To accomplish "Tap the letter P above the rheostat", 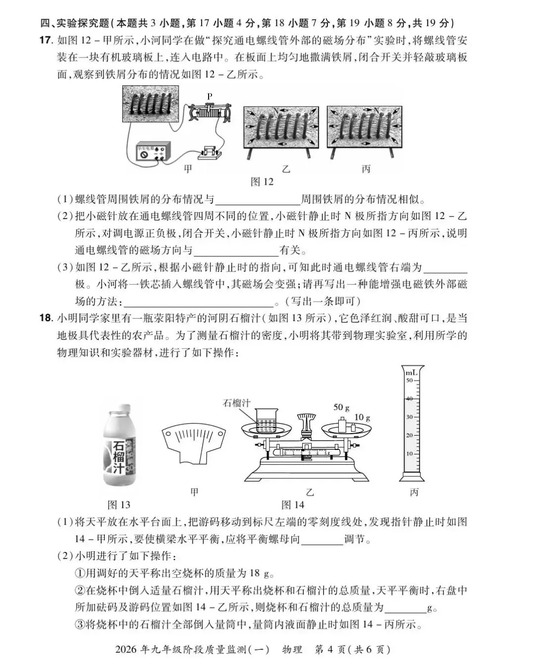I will pos(210,96).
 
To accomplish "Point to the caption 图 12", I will pos(262,182).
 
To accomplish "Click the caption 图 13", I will pos(119,505).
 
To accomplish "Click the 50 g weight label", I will pos(341,407).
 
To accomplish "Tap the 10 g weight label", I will pos(362,418).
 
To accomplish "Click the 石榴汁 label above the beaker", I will pos(236,403).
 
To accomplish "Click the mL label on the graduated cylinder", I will pos(412,372).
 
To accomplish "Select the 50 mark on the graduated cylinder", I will pos(409,381).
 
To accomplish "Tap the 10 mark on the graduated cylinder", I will pos(409,454).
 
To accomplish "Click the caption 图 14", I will pos(293,505).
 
